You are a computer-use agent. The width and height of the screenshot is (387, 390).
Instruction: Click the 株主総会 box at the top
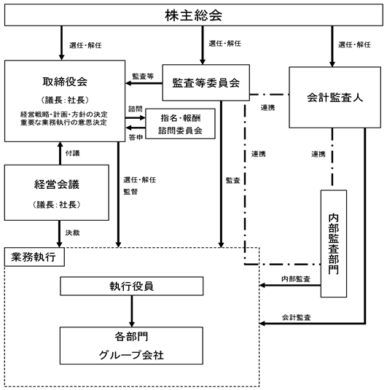pos(194,15)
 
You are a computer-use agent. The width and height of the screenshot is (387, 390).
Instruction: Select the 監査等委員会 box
pos(206,82)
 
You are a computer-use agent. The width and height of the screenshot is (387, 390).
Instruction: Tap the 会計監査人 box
pos(335,97)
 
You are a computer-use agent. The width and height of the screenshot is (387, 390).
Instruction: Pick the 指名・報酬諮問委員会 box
pos(180,124)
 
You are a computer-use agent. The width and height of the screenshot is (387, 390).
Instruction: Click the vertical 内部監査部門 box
pos(334,243)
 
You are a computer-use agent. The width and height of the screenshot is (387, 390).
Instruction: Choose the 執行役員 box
pos(132,286)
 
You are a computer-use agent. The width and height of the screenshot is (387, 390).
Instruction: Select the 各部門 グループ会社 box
pos(131,346)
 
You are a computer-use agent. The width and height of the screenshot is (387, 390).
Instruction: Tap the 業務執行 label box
pos(34,257)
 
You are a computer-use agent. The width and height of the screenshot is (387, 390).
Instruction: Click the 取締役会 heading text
pos(65,82)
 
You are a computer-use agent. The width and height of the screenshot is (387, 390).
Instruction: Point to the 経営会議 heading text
pos(57,184)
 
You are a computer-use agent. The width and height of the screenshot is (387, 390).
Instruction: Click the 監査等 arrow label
pos(143,77)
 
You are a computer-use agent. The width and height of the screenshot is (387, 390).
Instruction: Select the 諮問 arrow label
pos(136,109)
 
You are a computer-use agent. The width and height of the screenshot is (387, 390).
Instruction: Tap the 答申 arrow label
pos(136,137)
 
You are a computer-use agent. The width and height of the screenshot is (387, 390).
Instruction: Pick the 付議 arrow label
pos(73,153)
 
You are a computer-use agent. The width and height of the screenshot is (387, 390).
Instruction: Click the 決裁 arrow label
pos(73,233)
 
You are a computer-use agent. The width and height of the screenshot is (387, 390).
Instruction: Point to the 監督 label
pos(130,192)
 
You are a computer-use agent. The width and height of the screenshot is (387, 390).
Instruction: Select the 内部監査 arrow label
pos(296,279)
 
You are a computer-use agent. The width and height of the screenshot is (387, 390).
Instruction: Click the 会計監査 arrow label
pos(296,317)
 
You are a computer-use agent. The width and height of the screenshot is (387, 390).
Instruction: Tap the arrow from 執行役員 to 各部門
pos(132,311)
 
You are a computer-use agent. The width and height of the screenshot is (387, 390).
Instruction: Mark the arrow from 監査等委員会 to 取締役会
pos(144,83)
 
